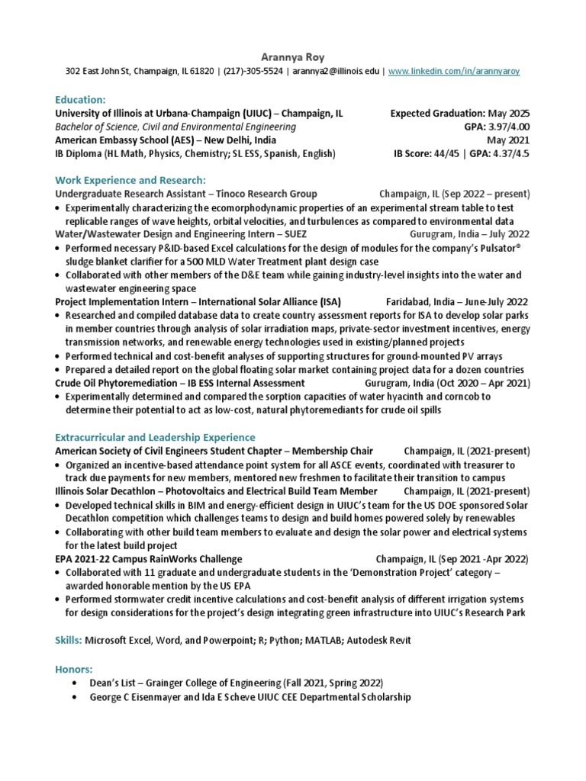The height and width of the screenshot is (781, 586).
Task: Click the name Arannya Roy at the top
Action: click(x=293, y=56)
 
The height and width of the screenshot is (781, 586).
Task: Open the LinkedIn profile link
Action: click(x=454, y=71)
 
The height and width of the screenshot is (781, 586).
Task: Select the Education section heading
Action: click(x=80, y=99)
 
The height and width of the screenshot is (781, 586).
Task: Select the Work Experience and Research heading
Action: click(x=130, y=180)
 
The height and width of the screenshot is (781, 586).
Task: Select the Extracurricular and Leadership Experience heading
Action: click(x=155, y=437)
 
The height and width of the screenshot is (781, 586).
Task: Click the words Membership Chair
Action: click(x=330, y=451)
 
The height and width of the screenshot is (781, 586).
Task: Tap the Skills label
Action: click(x=68, y=639)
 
